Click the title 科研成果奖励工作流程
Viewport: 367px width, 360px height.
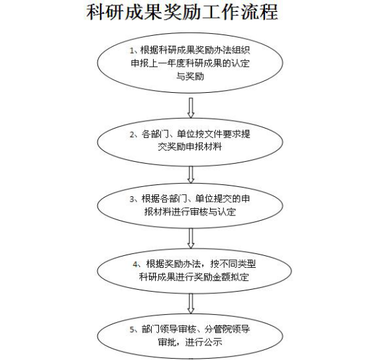point(182,12)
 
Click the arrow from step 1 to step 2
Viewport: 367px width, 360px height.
point(191,108)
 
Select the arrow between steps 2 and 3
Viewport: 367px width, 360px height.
point(191,175)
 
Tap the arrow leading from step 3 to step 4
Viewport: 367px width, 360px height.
point(191,238)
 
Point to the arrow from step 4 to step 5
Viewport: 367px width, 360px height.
point(191,304)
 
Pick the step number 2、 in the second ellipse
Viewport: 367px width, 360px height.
point(135,135)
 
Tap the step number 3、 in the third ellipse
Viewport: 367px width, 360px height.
point(135,199)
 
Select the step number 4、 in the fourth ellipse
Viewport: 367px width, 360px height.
point(137,265)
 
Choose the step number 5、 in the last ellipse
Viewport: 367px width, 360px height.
point(135,330)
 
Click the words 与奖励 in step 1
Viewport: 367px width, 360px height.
point(190,76)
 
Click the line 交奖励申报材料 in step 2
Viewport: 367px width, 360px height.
point(190,147)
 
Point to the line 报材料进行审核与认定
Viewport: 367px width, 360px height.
point(190,211)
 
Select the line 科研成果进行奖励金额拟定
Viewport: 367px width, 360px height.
point(194,277)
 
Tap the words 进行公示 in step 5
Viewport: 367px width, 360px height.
point(203,342)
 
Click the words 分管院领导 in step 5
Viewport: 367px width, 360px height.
point(227,330)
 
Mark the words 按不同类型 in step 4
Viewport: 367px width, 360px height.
point(233,265)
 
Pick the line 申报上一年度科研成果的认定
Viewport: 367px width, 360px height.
point(190,63)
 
